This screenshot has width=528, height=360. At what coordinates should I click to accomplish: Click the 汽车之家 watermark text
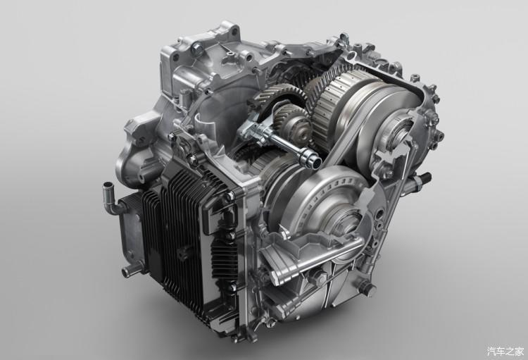coord(505,351)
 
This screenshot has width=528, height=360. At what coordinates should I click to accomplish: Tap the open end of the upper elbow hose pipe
coord(108,185)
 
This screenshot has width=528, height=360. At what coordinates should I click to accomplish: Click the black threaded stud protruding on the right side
coord(425,178)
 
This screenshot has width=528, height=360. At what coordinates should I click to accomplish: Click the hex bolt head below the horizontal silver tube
coord(319,278)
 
